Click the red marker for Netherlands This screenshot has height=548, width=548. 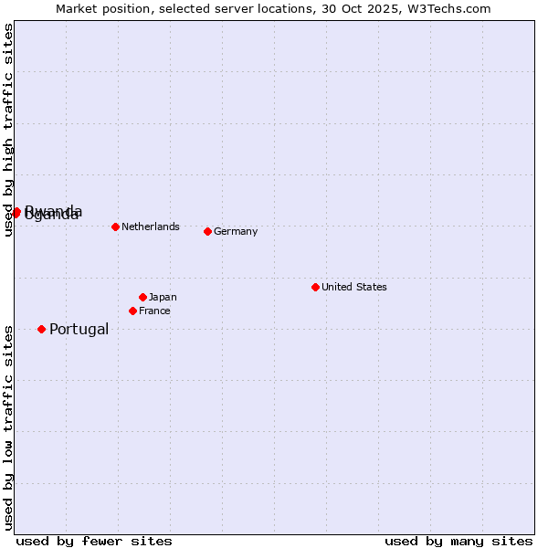[x=115, y=227]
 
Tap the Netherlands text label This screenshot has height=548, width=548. [x=151, y=227]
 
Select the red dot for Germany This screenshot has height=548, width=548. [x=207, y=231]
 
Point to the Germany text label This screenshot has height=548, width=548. [x=236, y=231]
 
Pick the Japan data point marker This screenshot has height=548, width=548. [x=142, y=297]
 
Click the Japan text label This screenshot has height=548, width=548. [x=163, y=297]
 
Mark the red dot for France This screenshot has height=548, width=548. [x=132, y=311]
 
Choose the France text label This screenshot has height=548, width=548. [x=154, y=311]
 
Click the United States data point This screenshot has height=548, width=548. [x=315, y=287]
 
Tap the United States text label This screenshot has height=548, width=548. [x=354, y=287]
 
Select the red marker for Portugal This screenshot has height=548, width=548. [x=41, y=329]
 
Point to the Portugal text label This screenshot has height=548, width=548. [x=79, y=329]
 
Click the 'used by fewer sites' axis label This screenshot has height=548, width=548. [x=94, y=541]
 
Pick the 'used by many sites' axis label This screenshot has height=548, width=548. [x=458, y=541]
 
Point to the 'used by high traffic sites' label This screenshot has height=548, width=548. [x=8, y=130]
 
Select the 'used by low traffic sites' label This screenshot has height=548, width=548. [x=8, y=427]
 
